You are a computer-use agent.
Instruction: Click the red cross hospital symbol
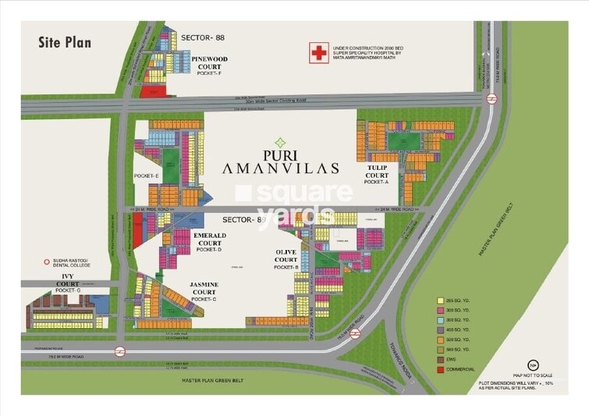(x=318, y=52)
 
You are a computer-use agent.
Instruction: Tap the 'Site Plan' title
(x=65, y=42)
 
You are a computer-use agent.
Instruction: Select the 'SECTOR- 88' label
(x=203, y=37)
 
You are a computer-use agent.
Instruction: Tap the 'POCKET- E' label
(x=147, y=177)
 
